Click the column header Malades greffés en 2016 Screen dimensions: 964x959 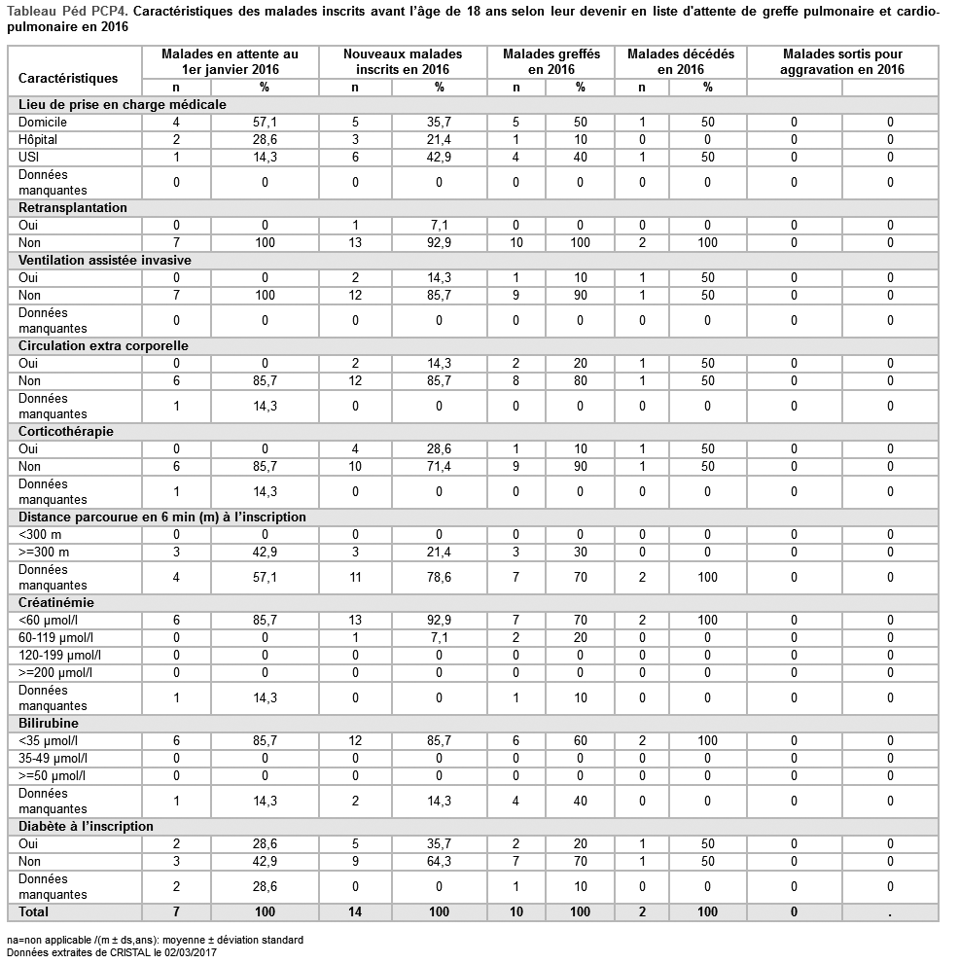[x=551, y=61]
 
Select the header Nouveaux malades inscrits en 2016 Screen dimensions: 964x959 [x=403, y=61]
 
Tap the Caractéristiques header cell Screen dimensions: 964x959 [x=68, y=78]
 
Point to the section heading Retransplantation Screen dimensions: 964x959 [x=72, y=207]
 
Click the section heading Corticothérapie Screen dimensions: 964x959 [x=64, y=431]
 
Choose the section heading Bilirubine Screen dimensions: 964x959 [x=49, y=724]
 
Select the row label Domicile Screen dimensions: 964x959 [x=43, y=123]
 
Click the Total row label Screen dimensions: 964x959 [x=34, y=911]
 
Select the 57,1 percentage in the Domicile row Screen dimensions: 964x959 [x=265, y=123]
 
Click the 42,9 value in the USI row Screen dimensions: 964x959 [x=439, y=157]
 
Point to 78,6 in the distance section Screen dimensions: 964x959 [x=439, y=577]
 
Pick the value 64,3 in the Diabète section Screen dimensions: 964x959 [x=439, y=861]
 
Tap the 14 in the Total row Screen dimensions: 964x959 [x=355, y=911]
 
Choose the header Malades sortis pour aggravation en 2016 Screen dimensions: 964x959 [x=842, y=61]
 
